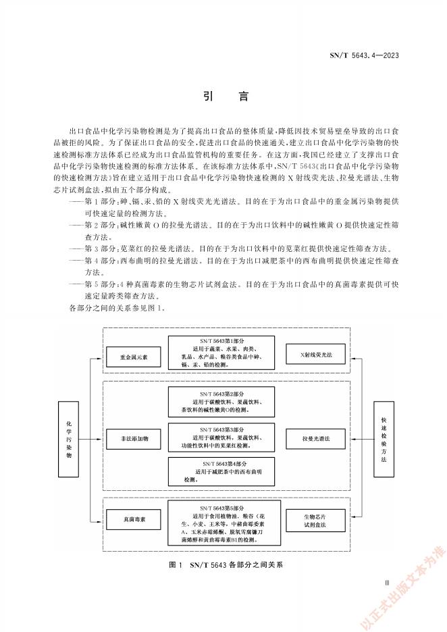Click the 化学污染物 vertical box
point(68,438)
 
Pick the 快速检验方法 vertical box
point(384,438)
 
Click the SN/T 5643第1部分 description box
point(221,350)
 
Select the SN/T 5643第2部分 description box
point(221,402)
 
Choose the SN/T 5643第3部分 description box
point(221,438)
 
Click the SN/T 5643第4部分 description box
point(221,471)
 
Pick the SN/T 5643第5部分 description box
point(221,522)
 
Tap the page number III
point(387,582)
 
